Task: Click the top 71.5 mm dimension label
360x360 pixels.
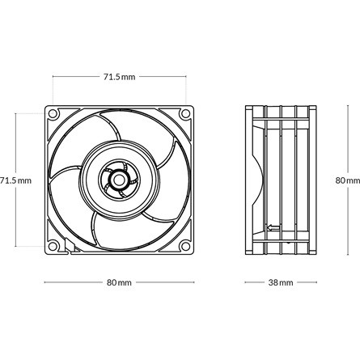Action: pos(119,77)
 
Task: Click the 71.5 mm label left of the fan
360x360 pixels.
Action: pos(15,180)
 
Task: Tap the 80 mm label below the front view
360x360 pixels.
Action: pos(119,283)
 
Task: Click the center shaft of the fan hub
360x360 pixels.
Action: pos(119,178)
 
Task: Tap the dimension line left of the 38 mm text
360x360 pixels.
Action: pos(255,283)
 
